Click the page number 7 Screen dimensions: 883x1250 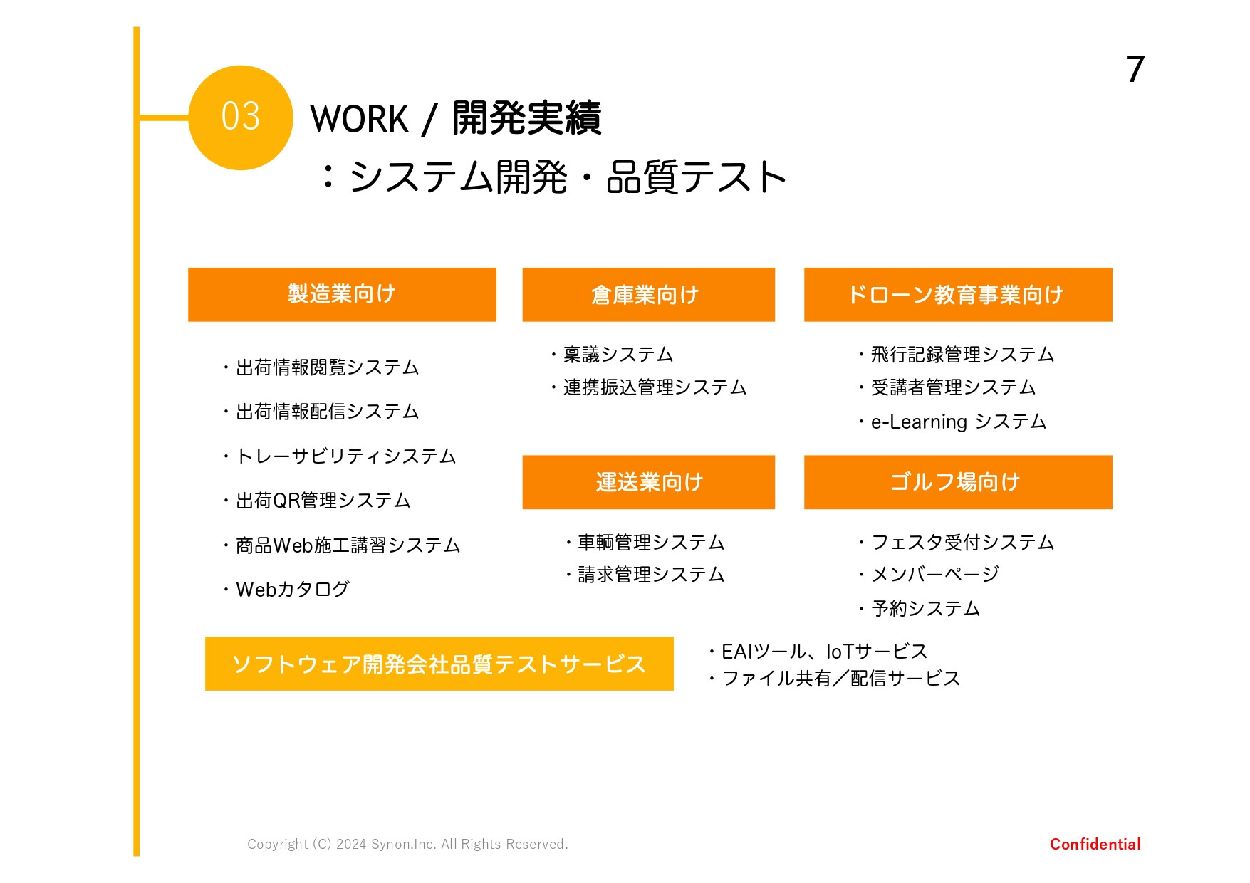coord(1135,70)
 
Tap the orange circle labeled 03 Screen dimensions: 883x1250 coord(241,117)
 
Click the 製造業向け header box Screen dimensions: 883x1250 coord(342,294)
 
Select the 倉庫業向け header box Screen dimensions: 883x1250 coord(648,294)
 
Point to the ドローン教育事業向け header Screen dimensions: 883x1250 coord(958,294)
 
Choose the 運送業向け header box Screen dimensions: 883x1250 coord(648,482)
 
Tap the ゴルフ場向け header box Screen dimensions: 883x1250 coord(958,482)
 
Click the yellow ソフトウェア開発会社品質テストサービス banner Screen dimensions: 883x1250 coord(439,664)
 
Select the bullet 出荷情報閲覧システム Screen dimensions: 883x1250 coord(327,367)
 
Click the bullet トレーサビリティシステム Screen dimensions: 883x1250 coord(345,456)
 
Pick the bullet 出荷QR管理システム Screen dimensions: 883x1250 coord(323,501)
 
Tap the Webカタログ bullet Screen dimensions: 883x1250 coord(292,590)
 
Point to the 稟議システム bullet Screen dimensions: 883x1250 coord(618,355)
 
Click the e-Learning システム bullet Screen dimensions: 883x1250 coord(958,422)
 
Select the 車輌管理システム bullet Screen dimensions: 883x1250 coord(650,543)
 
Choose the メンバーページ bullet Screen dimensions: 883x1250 coord(934,574)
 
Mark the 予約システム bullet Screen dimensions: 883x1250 coord(925,609)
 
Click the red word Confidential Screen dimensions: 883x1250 coord(1095,845)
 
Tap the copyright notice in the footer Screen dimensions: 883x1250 coord(407,845)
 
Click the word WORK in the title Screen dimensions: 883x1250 coord(359,119)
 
